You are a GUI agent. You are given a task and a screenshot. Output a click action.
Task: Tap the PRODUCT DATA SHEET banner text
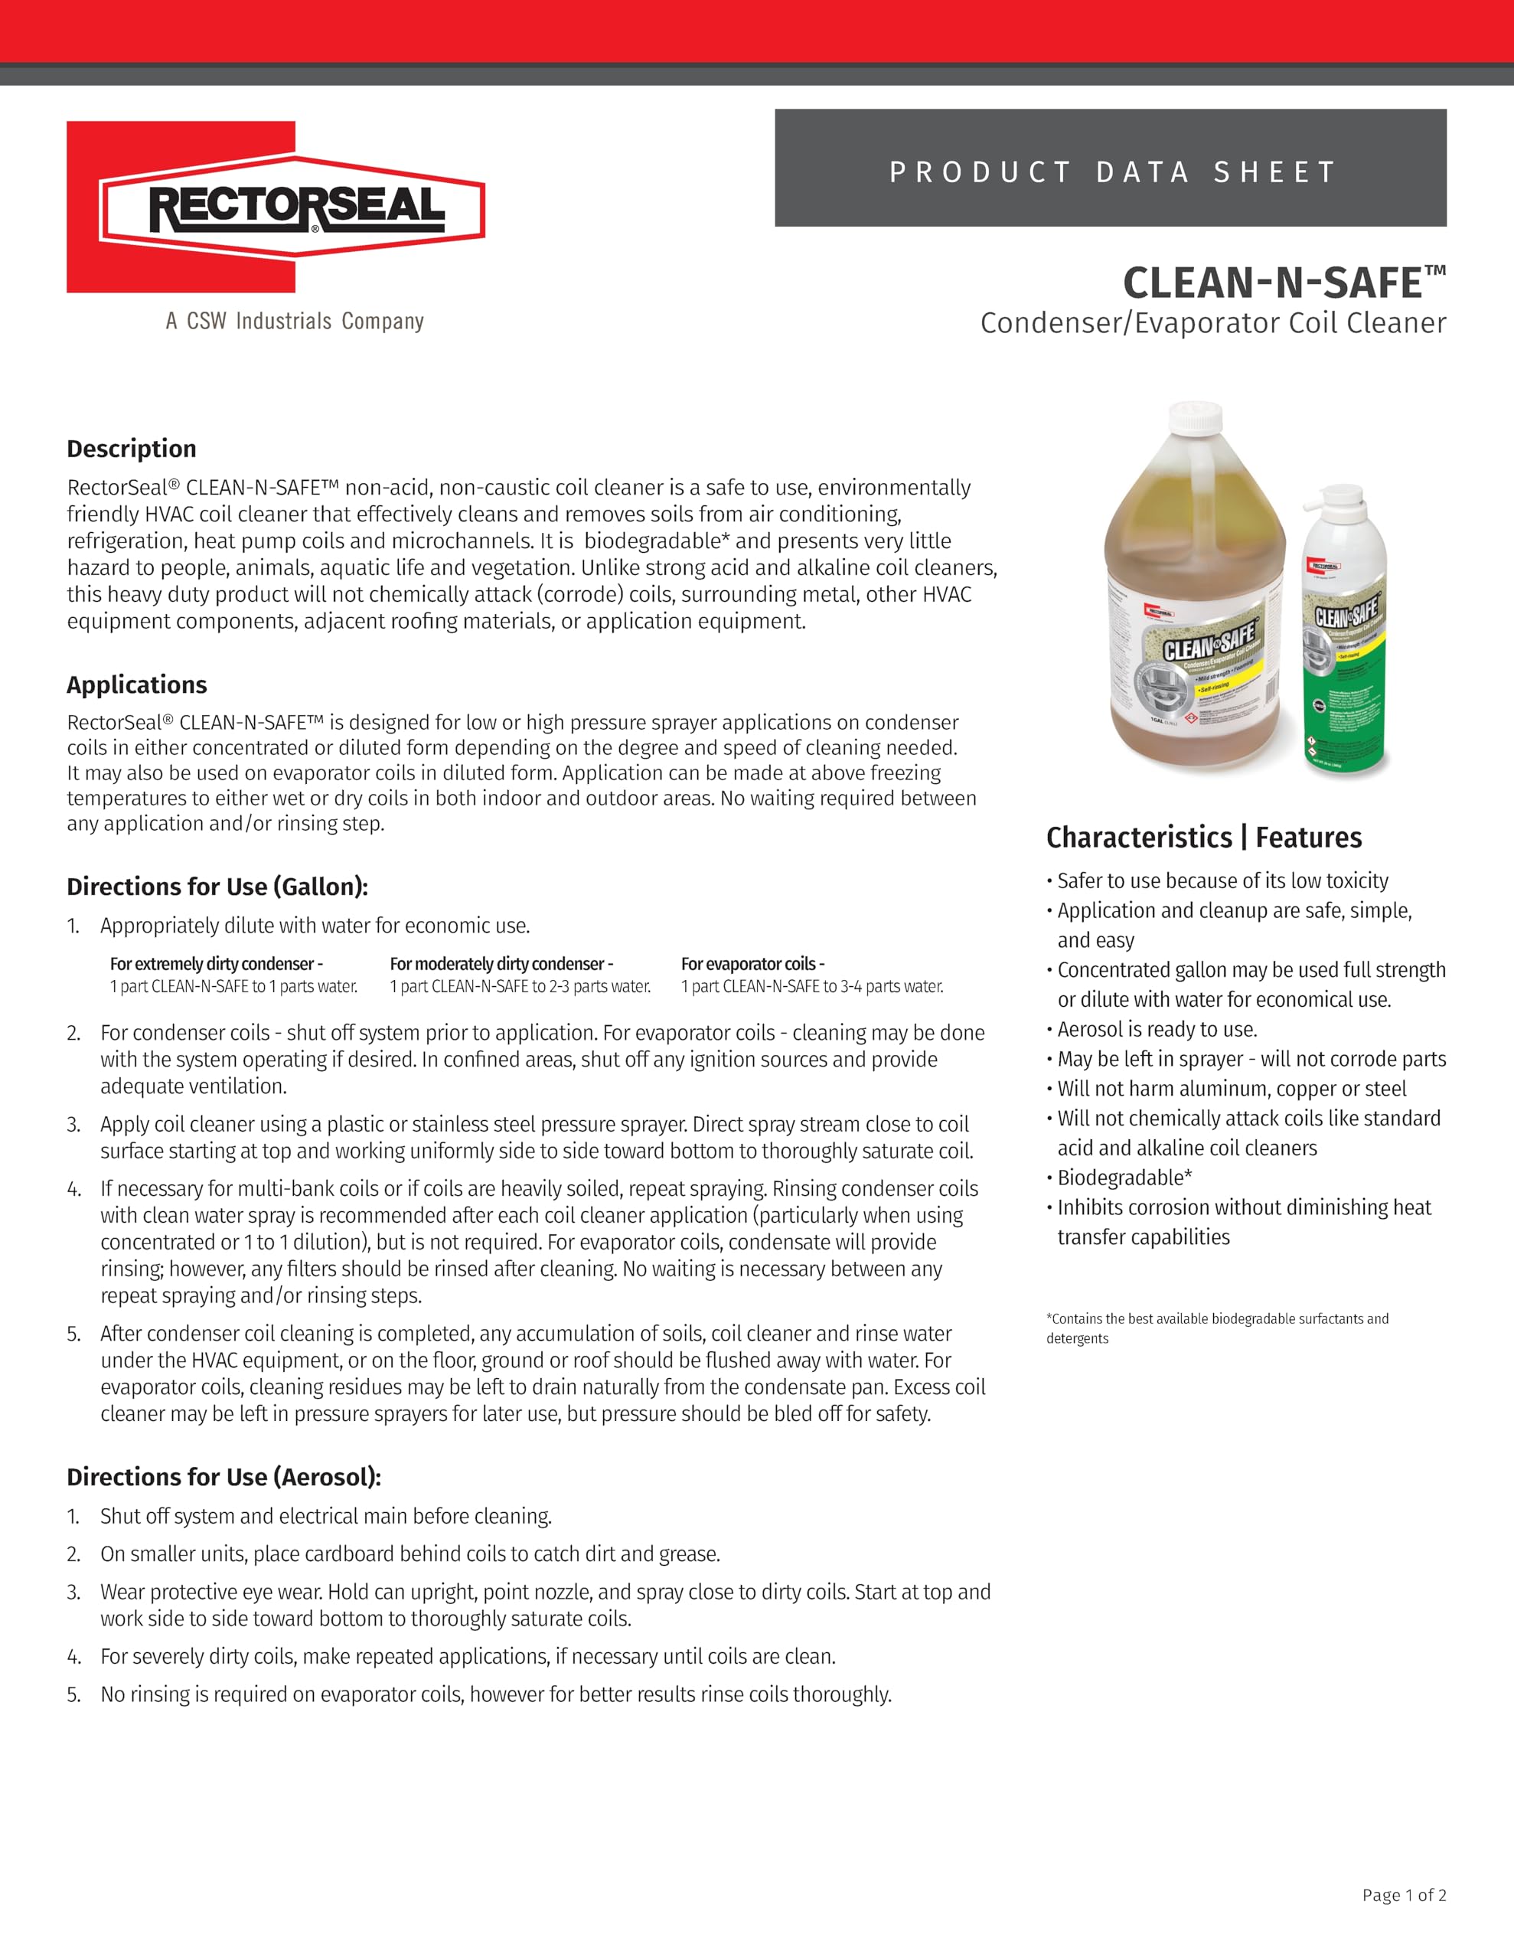tap(1112, 171)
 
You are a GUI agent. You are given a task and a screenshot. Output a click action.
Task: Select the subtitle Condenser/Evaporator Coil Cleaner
tap(1212, 323)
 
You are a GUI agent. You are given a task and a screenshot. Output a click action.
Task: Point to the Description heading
tap(131, 449)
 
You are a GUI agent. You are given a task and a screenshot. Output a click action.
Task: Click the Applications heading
tap(136, 684)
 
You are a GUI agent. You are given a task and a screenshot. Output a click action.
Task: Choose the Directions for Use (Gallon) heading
tap(217, 887)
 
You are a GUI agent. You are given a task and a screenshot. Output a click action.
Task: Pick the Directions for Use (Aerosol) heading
tap(224, 1477)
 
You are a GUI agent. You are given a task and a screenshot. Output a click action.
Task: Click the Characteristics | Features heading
tap(1203, 838)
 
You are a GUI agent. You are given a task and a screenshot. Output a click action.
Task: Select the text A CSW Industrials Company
tap(295, 322)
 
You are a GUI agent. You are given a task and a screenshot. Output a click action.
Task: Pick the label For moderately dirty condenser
tap(501, 964)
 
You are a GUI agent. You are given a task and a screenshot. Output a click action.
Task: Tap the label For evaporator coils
tap(752, 964)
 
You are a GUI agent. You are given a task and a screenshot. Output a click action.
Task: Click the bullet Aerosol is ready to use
tap(1157, 1029)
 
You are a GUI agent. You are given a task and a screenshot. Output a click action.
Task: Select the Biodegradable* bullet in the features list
tap(1124, 1178)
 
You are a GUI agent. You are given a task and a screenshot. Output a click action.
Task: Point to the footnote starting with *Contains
tap(1216, 1328)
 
